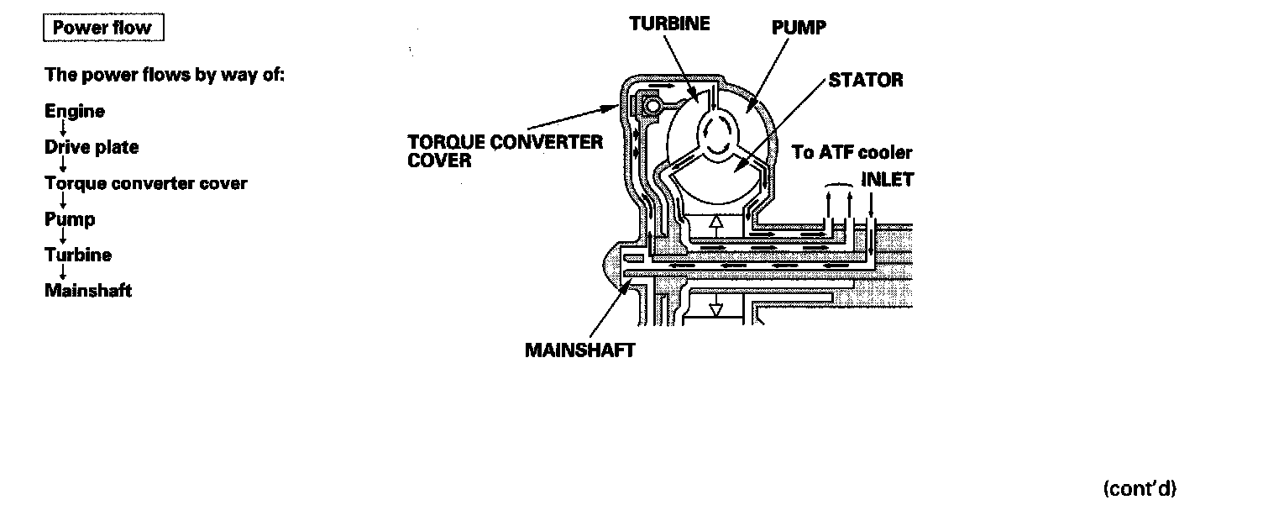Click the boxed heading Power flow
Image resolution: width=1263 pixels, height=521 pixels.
pyautogui.click(x=102, y=28)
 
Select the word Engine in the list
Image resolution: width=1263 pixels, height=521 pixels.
pyautogui.click(x=75, y=112)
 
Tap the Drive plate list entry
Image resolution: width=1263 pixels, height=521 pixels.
pyautogui.click(x=92, y=147)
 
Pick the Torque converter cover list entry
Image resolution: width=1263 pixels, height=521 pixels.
pyautogui.click(x=146, y=183)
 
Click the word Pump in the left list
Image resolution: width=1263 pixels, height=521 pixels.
pyautogui.click(x=70, y=220)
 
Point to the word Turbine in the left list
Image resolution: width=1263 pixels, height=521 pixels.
pyautogui.click(x=78, y=255)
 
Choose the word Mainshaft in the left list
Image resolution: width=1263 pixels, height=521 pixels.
pyautogui.click(x=88, y=292)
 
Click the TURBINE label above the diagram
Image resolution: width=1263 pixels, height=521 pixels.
pyautogui.click(x=669, y=24)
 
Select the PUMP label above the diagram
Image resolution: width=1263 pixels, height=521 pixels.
pyautogui.click(x=799, y=28)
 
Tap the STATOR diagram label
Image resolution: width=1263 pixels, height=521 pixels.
pyautogui.click(x=866, y=80)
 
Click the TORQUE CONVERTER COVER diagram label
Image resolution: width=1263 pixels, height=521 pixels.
pyautogui.click(x=505, y=150)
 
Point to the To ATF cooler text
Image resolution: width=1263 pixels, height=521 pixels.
pyautogui.click(x=852, y=153)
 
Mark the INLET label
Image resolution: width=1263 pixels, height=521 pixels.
pyautogui.click(x=887, y=179)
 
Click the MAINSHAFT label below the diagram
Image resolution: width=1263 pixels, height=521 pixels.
pyautogui.click(x=580, y=350)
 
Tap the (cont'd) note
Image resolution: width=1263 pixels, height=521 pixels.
pyautogui.click(x=1140, y=489)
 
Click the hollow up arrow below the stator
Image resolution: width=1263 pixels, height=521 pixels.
pyautogui.click(x=715, y=224)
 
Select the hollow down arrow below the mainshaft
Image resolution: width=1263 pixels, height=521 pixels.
pyautogui.click(x=715, y=307)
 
